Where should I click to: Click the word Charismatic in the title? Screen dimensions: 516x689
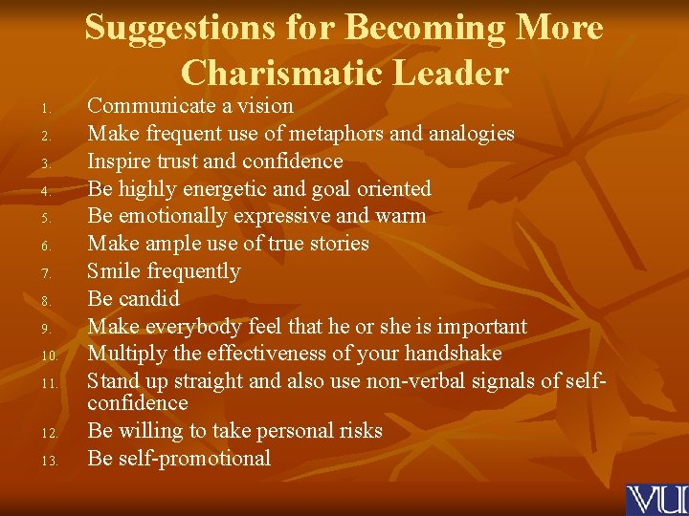pos(292,73)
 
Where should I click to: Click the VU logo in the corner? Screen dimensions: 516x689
pos(656,500)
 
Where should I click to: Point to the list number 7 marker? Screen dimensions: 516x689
pos(31,274)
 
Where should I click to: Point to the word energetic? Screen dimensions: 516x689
pos(239,189)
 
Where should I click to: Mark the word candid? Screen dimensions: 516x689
pos(148,299)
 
